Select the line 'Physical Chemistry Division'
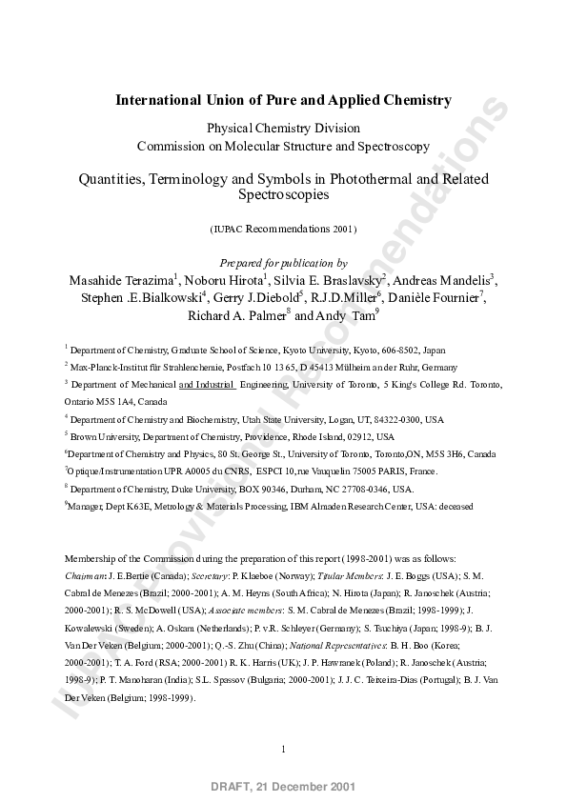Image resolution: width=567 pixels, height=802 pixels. point(283,129)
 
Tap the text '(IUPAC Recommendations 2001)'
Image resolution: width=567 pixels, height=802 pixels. point(283,229)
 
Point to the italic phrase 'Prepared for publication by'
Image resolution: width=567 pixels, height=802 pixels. point(283,263)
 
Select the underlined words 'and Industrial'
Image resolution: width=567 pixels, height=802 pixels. point(207,385)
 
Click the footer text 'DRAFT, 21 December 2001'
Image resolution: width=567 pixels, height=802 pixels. point(283,788)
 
